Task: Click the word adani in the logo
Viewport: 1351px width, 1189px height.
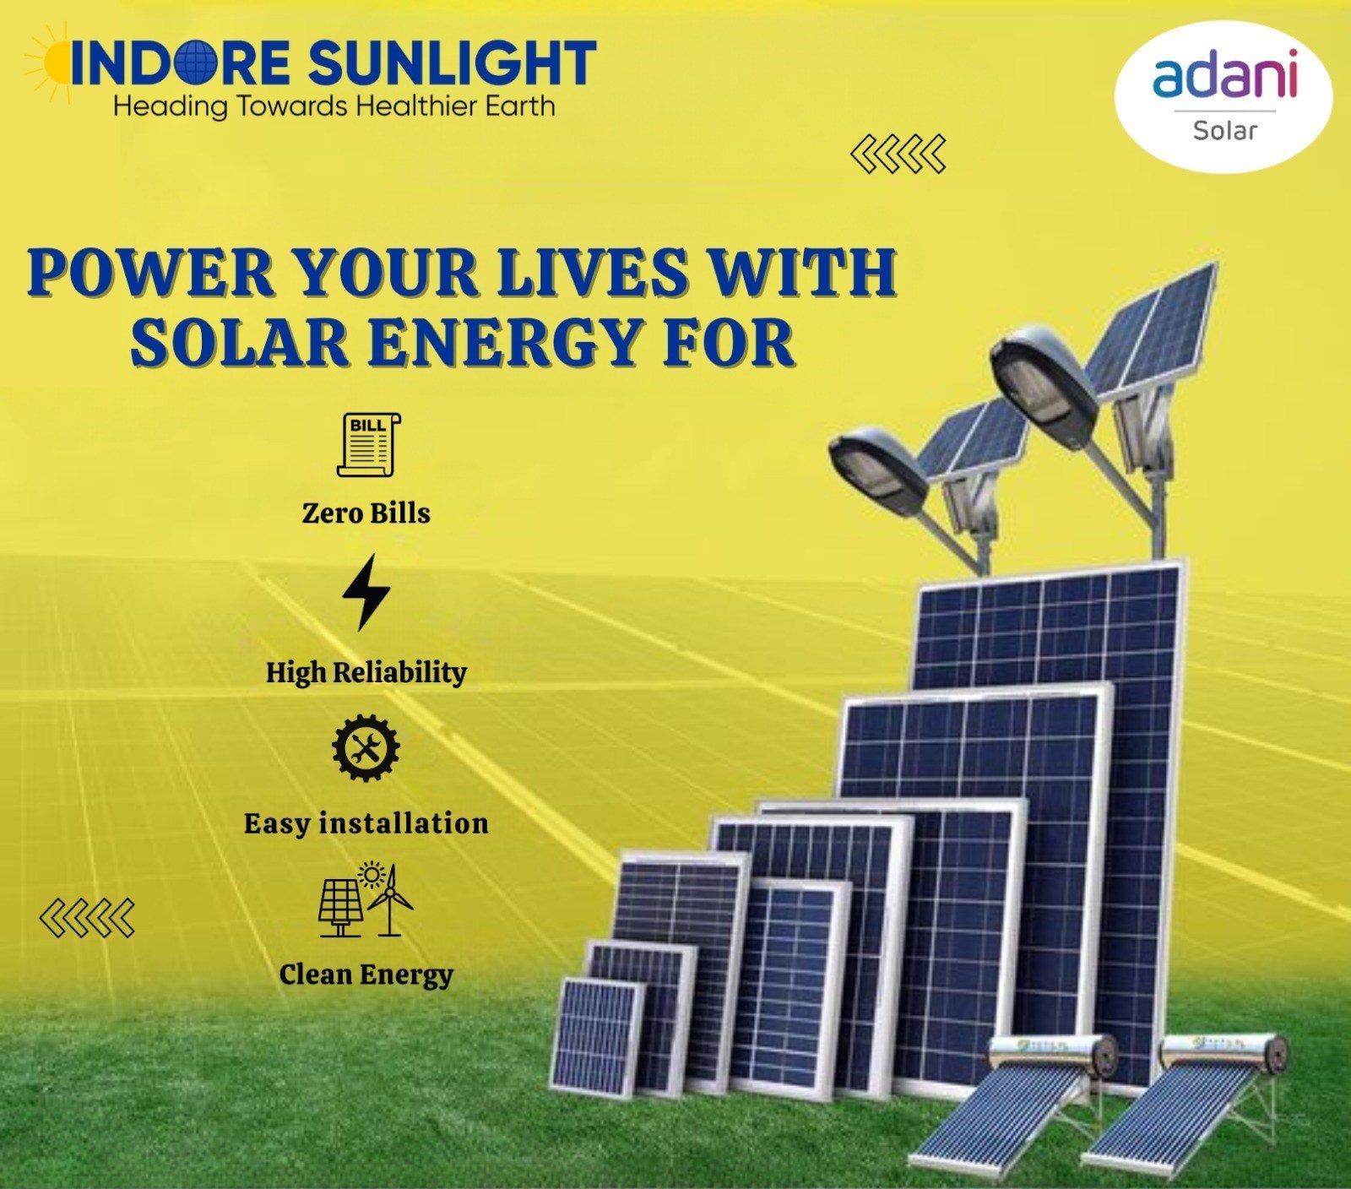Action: [1224, 73]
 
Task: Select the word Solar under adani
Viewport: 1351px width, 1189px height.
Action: [1224, 130]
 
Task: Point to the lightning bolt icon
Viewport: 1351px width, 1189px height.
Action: [366, 592]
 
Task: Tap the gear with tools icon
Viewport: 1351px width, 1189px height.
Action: [366, 747]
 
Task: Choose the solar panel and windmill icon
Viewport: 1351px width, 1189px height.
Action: [366, 899]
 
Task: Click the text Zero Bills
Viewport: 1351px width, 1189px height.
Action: [366, 513]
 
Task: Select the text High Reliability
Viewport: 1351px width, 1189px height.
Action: [366, 672]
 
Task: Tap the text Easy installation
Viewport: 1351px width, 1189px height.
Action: [366, 823]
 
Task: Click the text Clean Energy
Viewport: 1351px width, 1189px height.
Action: [366, 975]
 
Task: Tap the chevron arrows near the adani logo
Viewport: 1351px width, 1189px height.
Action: [898, 154]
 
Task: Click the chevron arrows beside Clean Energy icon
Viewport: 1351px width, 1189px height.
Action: [87, 918]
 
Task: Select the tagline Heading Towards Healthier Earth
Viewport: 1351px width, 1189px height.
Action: [334, 107]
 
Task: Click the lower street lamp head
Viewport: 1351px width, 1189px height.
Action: [878, 470]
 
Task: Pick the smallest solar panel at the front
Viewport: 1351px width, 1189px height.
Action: [597, 1037]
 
